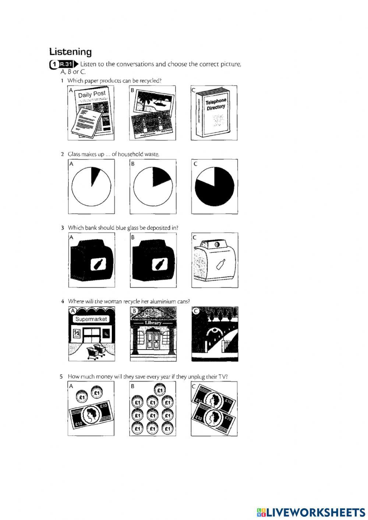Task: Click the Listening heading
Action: click(70, 52)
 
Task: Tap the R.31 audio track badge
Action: click(66, 64)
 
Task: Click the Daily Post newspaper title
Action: click(92, 94)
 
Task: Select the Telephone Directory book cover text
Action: click(216, 104)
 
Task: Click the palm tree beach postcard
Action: click(154, 102)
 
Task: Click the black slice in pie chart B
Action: click(161, 176)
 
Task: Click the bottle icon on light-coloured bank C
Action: click(220, 264)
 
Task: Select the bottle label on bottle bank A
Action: click(98, 264)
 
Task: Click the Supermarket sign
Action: click(91, 319)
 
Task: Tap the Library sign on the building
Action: click(153, 323)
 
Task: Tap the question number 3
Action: click(62, 228)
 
